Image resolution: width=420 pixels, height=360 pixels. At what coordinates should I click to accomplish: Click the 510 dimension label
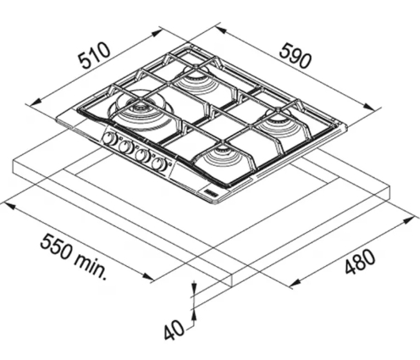point(94,56)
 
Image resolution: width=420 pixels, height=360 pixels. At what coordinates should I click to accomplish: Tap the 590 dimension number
point(296,55)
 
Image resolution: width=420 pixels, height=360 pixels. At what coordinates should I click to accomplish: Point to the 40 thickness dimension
point(174,330)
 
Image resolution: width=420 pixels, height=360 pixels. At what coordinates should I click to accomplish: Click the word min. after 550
point(91,266)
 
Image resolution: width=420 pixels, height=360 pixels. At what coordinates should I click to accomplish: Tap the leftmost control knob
point(108,139)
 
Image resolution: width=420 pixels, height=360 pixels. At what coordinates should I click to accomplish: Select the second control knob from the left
point(125,147)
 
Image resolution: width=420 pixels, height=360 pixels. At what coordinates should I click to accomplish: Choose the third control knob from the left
point(142,154)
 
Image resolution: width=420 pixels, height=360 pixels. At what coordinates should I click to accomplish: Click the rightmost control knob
point(158,163)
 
